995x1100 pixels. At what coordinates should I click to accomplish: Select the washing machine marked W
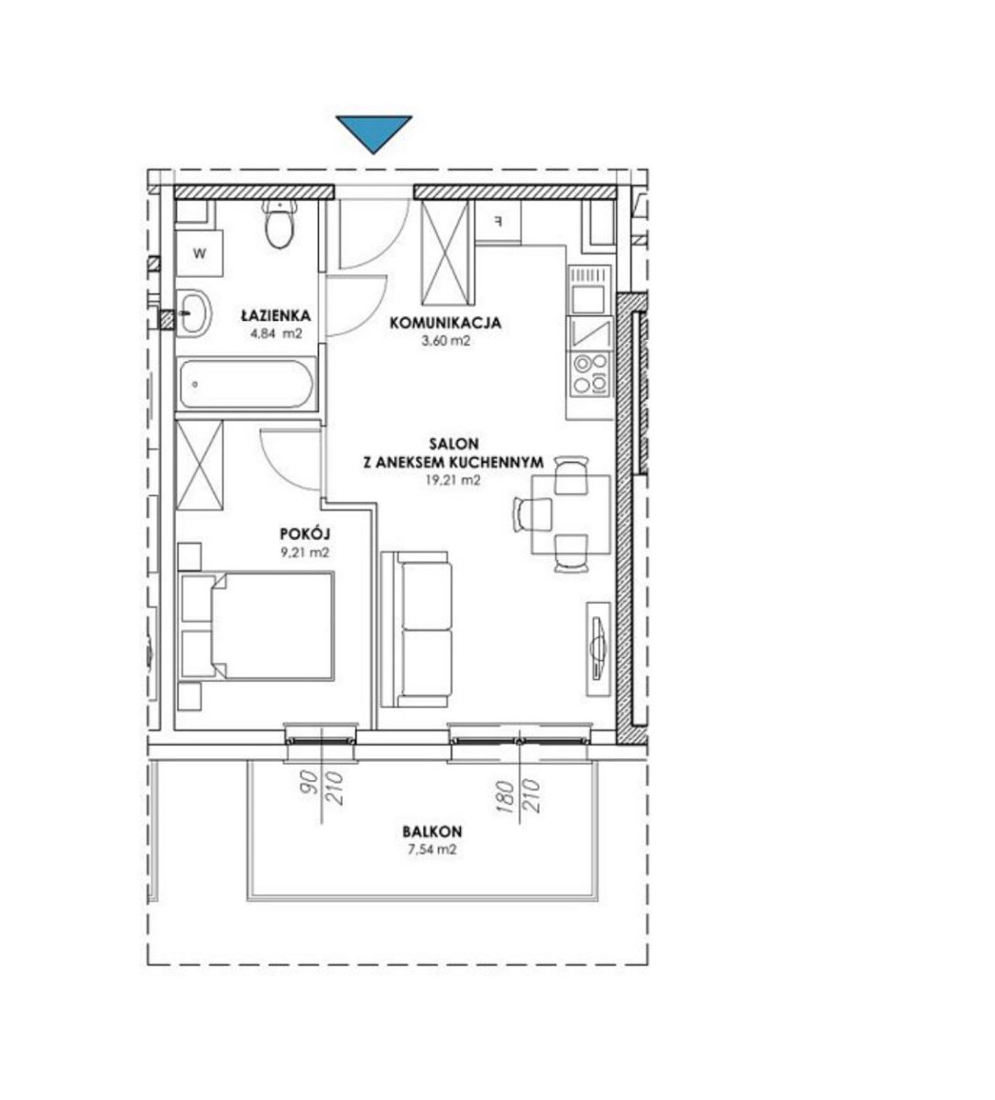point(200,253)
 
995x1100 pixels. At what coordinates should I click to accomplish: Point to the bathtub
point(246,384)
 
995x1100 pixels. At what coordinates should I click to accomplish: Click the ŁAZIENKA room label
point(277,315)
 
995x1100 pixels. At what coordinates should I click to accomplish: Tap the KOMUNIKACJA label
point(445,323)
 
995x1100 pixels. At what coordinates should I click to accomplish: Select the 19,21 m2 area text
point(453,480)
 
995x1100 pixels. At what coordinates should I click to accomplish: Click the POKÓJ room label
point(305,534)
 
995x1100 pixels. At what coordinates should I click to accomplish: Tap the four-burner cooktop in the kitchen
point(590,375)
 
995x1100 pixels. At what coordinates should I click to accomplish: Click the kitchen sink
point(590,334)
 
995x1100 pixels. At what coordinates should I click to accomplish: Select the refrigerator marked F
point(497,222)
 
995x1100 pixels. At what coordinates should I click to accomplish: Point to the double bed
point(257,626)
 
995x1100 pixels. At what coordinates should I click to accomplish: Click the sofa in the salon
point(417,629)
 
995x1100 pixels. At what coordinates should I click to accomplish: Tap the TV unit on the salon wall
point(598,649)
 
